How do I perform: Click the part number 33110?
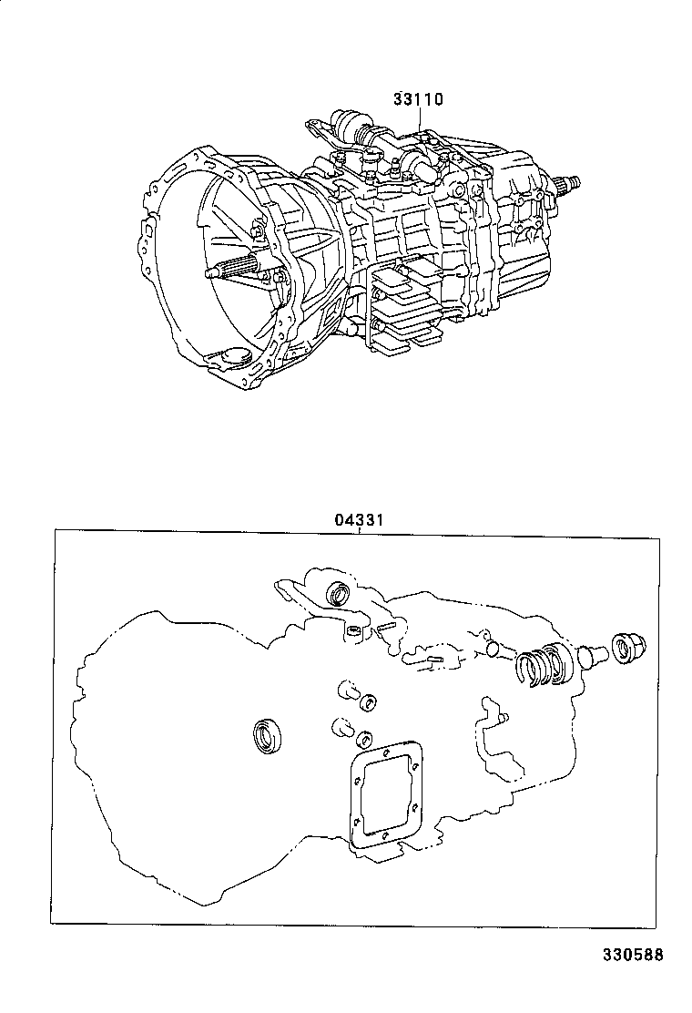point(418,99)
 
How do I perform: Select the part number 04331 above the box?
point(359,519)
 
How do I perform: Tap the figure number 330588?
point(633,954)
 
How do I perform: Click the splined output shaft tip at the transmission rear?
point(568,183)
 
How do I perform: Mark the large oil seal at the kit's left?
point(267,736)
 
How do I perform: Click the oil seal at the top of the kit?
point(338,593)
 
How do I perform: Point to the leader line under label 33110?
point(421,119)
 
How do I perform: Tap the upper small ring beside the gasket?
point(369,702)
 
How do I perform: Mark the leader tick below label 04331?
point(359,532)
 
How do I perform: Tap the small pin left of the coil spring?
point(494,644)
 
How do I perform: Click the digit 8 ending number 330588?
point(658,954)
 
